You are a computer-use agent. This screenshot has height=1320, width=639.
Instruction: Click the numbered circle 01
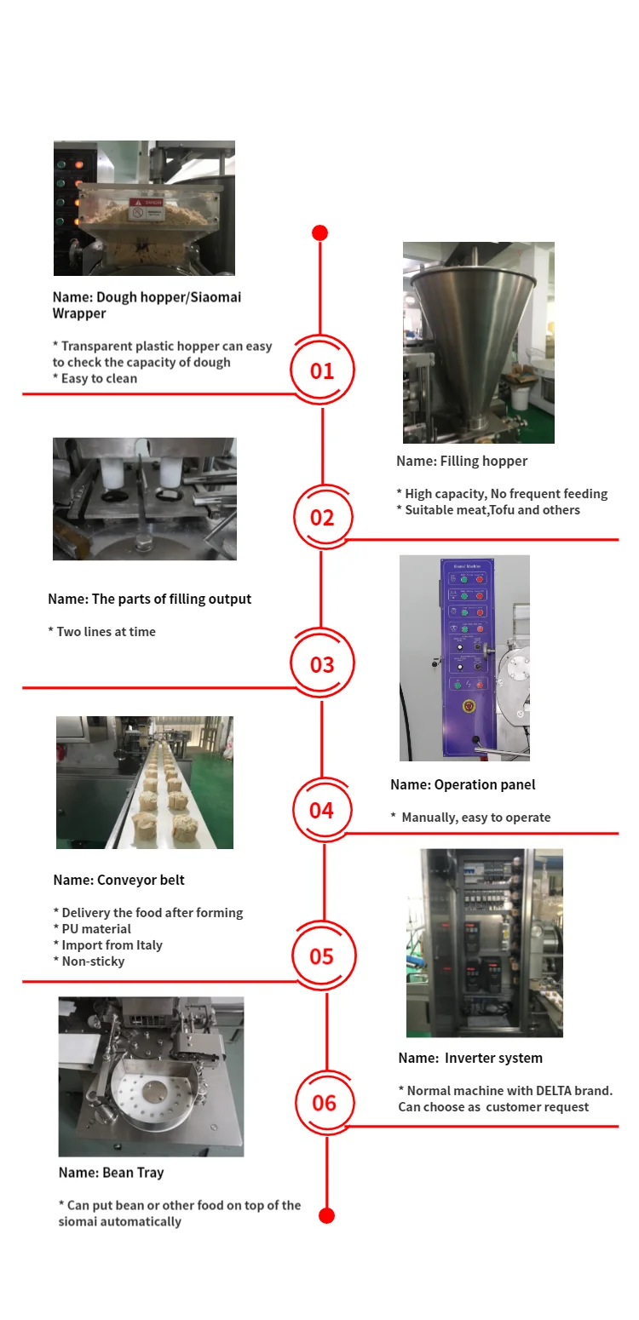[x=322, y=370]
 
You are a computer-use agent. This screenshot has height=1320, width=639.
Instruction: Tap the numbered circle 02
[x=322, y=517]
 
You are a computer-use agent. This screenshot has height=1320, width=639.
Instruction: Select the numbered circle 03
[x=322, y=663]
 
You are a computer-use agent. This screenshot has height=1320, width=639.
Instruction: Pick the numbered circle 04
[x=322, y=809]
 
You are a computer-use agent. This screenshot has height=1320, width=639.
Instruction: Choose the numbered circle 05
[x=322, y=956]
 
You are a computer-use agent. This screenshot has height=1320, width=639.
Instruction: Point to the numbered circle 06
[x=325, y=1103]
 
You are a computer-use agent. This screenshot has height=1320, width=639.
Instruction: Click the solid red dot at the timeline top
[x=319, y=232]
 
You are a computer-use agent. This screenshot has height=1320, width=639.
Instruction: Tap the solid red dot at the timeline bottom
[x=326, y=1215]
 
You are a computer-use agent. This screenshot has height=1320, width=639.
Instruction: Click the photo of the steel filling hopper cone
[x=478, y=342]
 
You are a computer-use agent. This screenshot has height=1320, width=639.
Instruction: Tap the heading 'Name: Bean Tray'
[x=111, y=1173]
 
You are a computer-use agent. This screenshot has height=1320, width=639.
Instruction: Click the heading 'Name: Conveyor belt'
[x=118, y=880]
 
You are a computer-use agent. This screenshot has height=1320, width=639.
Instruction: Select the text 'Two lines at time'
[x=106, y=632]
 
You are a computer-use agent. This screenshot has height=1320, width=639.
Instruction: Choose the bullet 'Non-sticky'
[x=93, y=961]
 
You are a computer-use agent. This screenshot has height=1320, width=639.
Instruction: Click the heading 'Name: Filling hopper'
[x=462, y=461]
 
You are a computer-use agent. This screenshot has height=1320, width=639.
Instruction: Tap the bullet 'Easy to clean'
[x=99, y=378]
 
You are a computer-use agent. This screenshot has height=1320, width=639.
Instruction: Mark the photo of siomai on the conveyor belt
[x=145, y=782]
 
